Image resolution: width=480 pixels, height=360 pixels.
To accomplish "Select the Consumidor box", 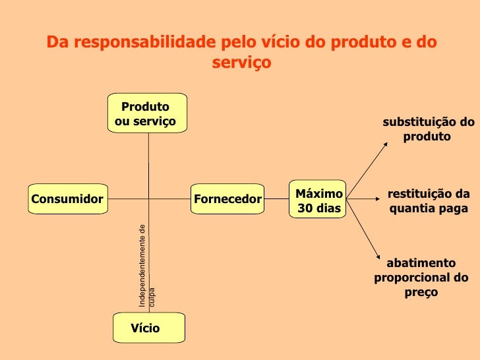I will coord(68,199).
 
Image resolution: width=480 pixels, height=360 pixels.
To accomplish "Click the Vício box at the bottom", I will coord(148,328).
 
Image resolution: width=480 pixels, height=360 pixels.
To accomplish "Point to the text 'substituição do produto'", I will coord(428,129).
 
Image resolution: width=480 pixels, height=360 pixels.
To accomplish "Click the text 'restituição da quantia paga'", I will coord(428,201).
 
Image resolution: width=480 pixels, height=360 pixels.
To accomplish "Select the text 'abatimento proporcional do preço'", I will coord(421,277).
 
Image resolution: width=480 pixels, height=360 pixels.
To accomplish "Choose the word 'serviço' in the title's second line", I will coord(241,64).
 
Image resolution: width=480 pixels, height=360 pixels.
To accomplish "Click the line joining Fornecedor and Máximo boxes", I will coord(276,198).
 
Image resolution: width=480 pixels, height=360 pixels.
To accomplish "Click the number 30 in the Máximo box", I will coord(305,208).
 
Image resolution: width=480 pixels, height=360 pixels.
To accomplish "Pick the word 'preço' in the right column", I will coord(421,291).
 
